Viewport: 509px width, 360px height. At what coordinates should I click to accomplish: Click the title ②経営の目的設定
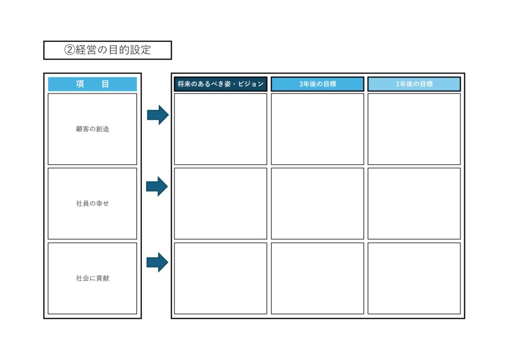[x=107, y=50]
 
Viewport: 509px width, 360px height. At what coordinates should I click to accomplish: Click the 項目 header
[x=92, y=84]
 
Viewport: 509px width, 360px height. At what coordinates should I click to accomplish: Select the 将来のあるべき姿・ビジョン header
[x=220, y=84]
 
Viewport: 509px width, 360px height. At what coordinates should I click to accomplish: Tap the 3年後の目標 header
[x=318, y=84]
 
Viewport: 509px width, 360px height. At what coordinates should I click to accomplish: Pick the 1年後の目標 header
[x=414, y=84]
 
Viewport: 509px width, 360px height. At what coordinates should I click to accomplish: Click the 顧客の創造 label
[x=92, y=129]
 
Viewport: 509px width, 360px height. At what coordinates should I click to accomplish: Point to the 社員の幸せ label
[x=92, y=203]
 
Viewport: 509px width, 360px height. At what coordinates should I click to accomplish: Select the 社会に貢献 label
[x=92, y=278]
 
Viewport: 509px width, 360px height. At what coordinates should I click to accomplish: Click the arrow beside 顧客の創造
[x=158, y=115]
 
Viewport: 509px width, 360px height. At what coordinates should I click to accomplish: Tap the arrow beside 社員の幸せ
[x=157, y=186]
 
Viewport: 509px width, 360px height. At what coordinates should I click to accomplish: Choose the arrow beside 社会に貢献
[x=158, y=262]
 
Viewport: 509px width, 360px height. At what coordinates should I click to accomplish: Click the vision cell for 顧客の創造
[x=220, y=129]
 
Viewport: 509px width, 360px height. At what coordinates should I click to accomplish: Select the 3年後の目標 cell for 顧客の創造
[x=318, y=129]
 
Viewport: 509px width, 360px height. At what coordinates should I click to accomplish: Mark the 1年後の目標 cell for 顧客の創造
[x=414, y=129]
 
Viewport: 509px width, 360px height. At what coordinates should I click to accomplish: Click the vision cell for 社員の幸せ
[x=220, y=203]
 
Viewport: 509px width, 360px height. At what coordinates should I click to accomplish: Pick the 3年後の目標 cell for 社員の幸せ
[x=318, y=203]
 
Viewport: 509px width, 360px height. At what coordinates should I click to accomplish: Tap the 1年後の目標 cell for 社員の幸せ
[x=414, y=203]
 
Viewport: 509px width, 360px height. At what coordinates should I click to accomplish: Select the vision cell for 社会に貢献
[x=220, y=278]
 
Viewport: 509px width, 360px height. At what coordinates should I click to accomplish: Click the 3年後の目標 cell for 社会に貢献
[x=318, y=278]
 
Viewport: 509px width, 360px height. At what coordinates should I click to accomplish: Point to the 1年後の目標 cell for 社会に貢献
[x=414, y=278]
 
